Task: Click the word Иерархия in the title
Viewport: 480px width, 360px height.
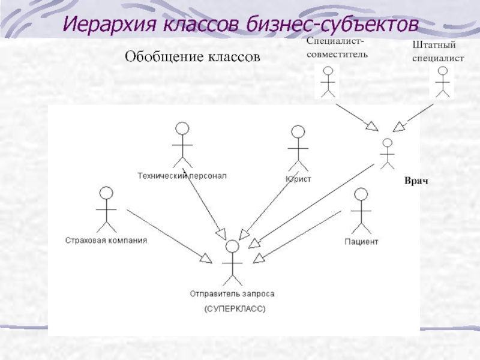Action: [x=105, y=25]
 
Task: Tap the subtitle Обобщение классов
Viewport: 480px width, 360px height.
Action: [x=193, y=57]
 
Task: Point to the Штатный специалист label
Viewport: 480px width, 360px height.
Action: [x=438, y=52]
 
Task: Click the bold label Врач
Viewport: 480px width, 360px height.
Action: [x=415, y=181]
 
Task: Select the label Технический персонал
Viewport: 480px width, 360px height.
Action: [x=182, y=176]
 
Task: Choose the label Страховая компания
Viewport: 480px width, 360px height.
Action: [x=106, y=241]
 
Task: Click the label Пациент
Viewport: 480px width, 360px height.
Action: [x=361, y=241]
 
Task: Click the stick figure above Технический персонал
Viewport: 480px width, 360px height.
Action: [x=182, y=144]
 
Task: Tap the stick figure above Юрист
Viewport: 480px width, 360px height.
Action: [x=297, y=147]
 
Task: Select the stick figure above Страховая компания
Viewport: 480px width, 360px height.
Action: [x=106, y=209]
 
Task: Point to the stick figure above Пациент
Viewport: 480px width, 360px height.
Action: [x=360, y=210]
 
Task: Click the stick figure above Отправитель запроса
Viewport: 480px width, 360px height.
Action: [x=232, y=263]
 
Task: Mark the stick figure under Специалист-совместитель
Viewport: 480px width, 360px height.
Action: [x=327, y=81]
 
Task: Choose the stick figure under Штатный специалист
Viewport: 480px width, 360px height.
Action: [x=443, y=81]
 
